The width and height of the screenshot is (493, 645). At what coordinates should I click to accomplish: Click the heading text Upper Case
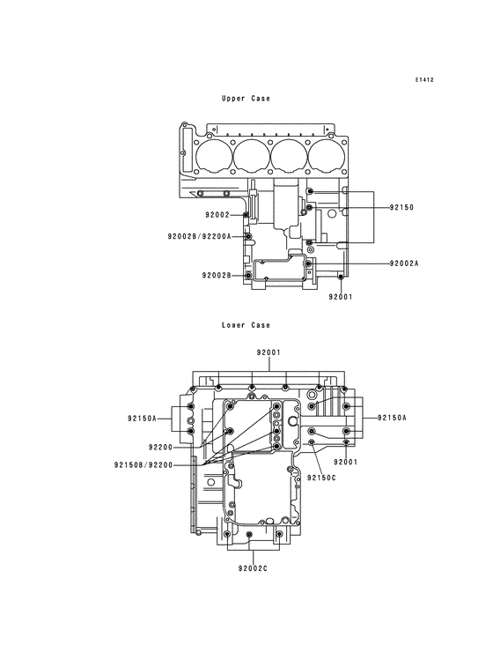246,99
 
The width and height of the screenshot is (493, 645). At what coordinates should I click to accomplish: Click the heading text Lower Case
246,325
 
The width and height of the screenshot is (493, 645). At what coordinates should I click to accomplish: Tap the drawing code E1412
424,80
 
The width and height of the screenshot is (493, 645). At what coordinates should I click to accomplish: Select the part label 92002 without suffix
217,215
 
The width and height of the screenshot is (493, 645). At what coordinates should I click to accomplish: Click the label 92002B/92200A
199,236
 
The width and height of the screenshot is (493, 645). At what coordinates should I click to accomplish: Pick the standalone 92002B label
217,275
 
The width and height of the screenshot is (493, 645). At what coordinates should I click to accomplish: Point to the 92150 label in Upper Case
401,207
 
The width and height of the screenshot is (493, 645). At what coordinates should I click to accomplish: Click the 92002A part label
404,263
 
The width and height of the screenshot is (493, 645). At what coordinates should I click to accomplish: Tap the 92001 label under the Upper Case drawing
341,297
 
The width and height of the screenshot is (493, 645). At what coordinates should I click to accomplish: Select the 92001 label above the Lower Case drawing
269,352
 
